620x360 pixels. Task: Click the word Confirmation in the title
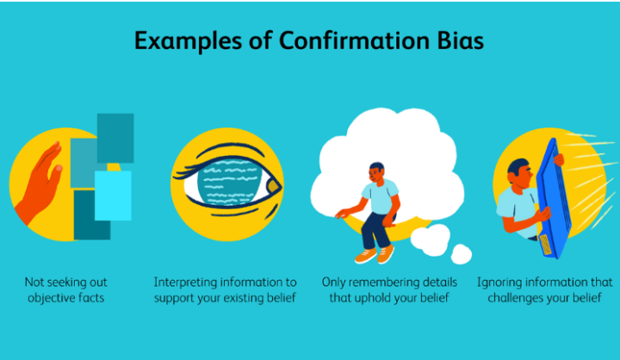point(354,40)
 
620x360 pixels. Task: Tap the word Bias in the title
point(460,40)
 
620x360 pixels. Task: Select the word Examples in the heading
point(189,41)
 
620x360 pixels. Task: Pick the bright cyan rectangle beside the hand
point(113,196)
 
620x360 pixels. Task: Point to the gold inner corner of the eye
point(273,185)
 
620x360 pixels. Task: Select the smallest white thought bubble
point(461,254)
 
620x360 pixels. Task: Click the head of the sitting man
point(377,172)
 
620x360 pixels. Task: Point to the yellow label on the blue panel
point(546,245)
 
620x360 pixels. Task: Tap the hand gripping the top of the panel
point(559,159)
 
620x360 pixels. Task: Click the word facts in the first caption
point(91,297)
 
